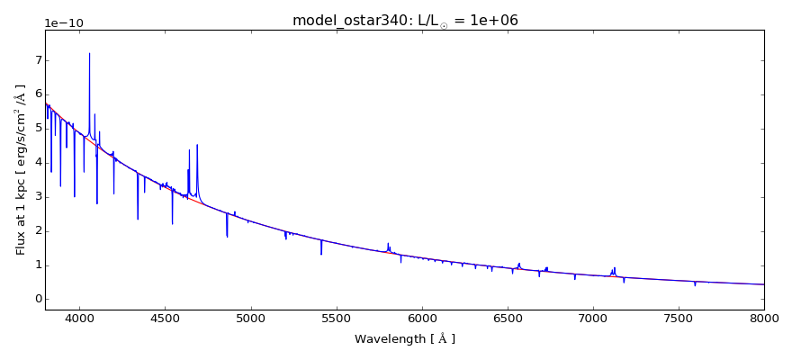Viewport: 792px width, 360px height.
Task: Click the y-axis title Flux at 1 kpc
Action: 21,169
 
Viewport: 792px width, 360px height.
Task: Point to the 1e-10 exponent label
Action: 64,22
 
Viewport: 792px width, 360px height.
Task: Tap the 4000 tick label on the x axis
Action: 79,318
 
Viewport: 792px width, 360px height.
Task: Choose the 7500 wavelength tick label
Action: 679,318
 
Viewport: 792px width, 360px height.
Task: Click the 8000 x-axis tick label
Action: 764,318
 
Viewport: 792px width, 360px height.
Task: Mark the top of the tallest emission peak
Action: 89,53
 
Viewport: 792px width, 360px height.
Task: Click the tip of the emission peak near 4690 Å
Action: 197,145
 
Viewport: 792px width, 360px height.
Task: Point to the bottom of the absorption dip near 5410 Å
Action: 321,255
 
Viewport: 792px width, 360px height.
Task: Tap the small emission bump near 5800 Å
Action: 388,243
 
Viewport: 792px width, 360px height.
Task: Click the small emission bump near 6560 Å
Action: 519,264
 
